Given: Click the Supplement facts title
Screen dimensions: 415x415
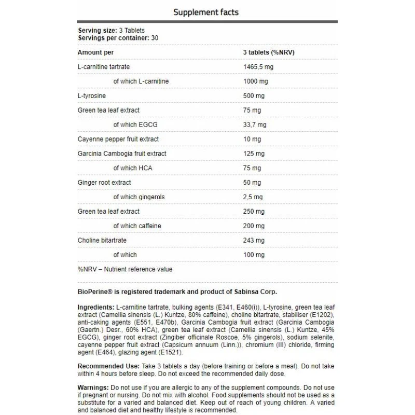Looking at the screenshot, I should (x=206, y=12).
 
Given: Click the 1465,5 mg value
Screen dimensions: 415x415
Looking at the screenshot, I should (x=258, y=67).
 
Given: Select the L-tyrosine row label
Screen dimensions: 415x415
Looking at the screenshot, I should (x=91, y=96).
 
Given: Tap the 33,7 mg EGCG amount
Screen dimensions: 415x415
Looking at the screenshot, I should (x=255, y=125).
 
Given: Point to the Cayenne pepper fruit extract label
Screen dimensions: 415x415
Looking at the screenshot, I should (x=118, y=139).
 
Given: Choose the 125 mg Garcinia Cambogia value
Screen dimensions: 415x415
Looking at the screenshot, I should (x=254, y=154).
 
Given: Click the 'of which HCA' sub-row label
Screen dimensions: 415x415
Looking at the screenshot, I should (x=133, y=168).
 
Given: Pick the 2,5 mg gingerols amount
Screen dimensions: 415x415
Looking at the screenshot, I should (x=253, y=197).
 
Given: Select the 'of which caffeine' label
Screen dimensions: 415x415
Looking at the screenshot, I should (x=137, y=226).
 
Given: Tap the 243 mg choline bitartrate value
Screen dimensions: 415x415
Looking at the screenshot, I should (x=254, y=240).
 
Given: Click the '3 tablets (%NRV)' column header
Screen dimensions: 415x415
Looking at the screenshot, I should (x=269, y=52).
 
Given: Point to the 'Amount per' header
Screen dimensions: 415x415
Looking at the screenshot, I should (x=95, y=52).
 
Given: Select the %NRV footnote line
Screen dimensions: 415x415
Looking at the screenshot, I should (x=125, y=269).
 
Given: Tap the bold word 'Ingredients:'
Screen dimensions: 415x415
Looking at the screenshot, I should (x=96, y=307).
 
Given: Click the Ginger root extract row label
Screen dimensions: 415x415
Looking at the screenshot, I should (x=104, y=183).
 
